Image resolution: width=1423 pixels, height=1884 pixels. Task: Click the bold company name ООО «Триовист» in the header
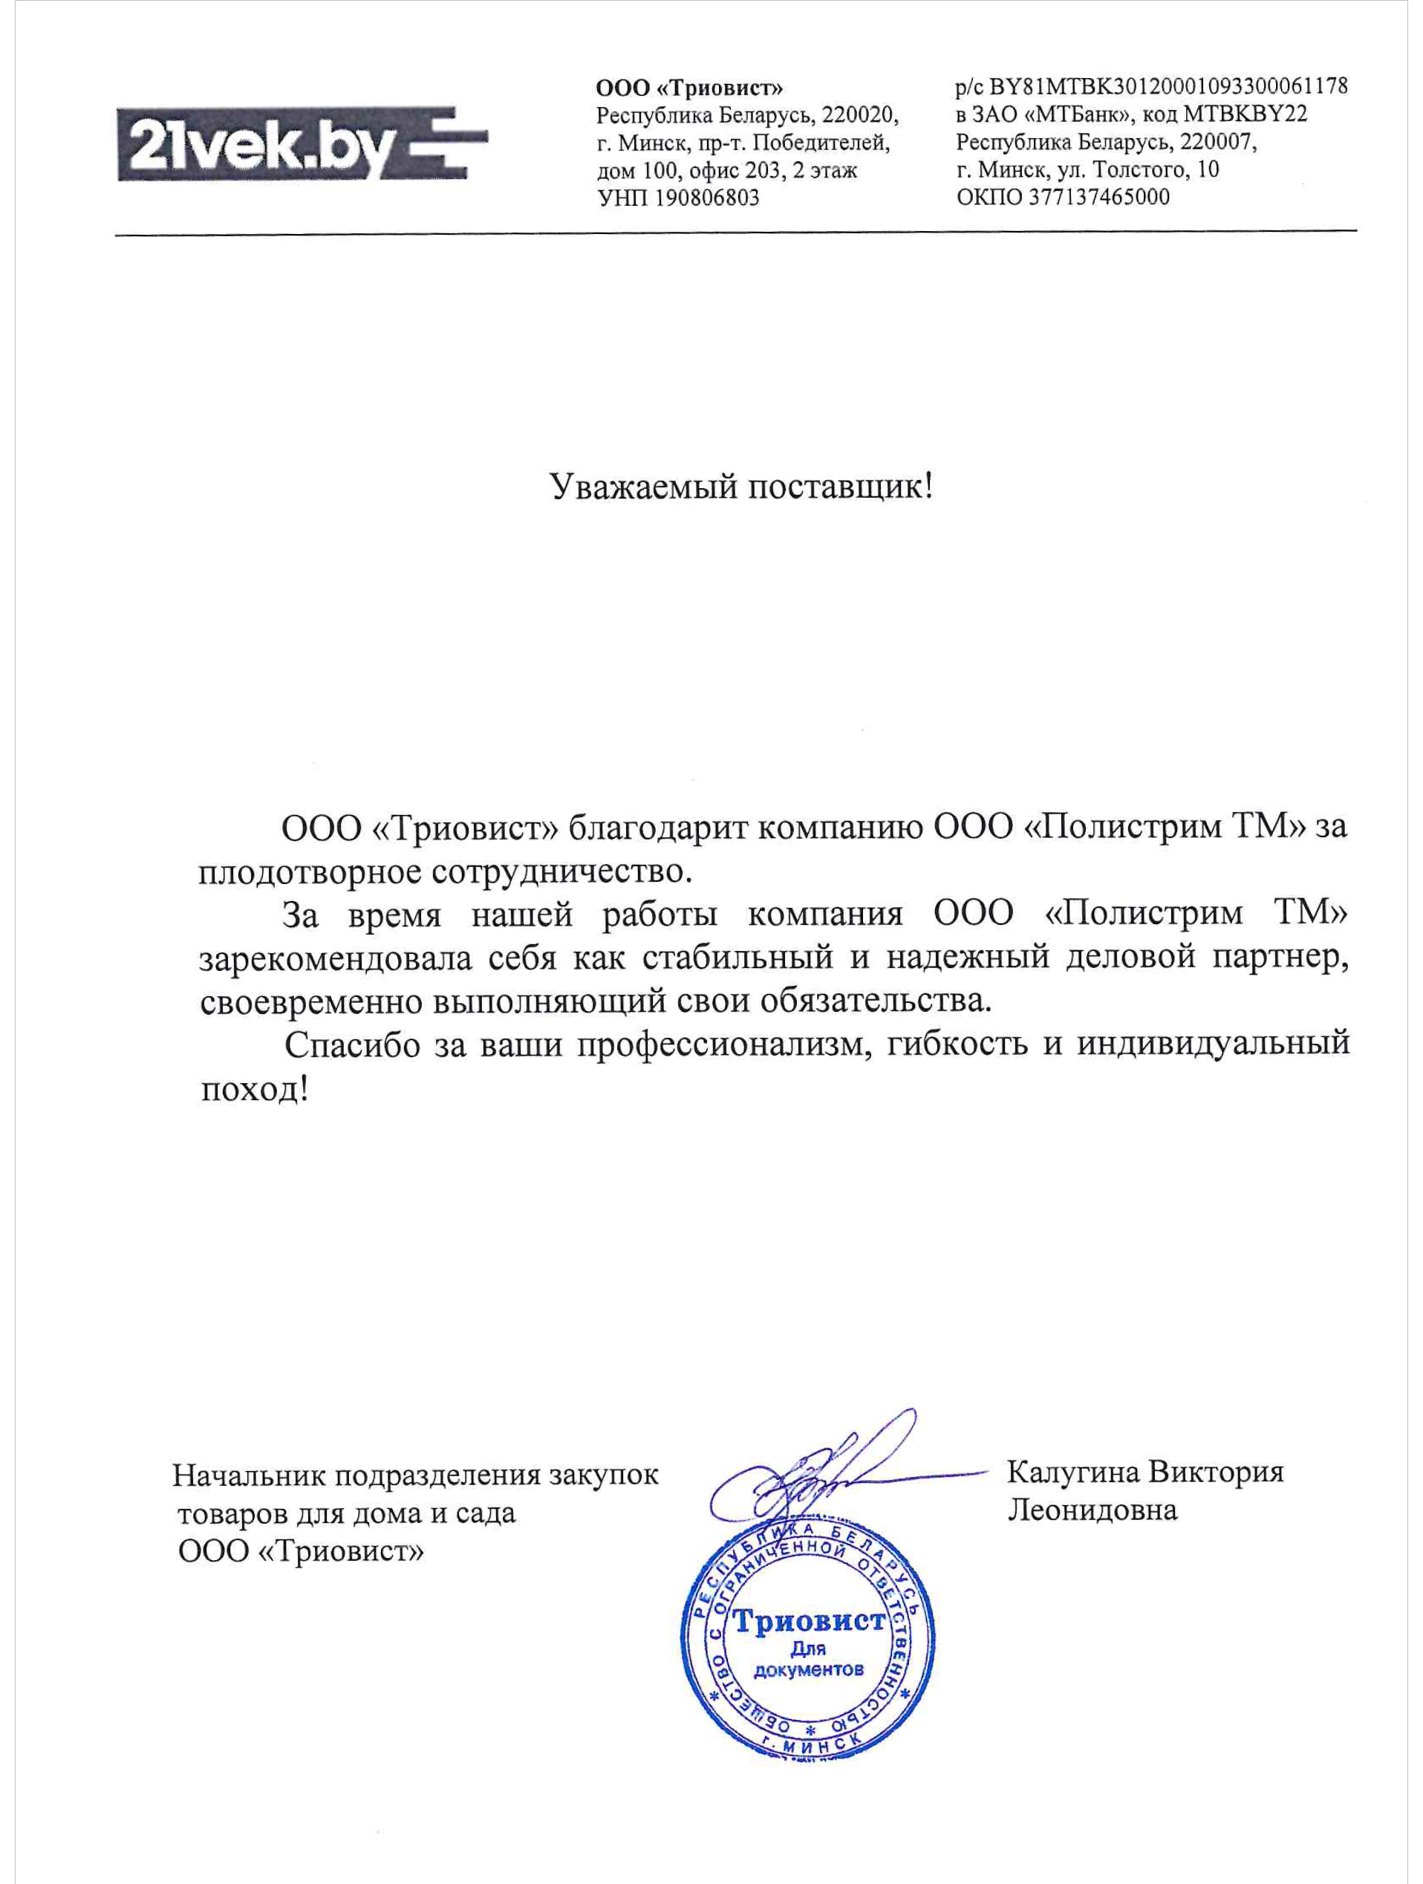click(689, 88)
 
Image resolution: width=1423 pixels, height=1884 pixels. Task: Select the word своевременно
click(312, 1001)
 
